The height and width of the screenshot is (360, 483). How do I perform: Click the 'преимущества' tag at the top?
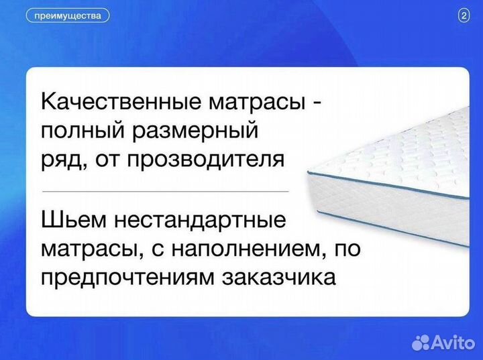click(x=67, y=15)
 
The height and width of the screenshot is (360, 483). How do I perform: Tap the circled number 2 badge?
click(x=464, y=16)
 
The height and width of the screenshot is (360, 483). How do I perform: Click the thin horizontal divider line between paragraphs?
click(x=165, y=190)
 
